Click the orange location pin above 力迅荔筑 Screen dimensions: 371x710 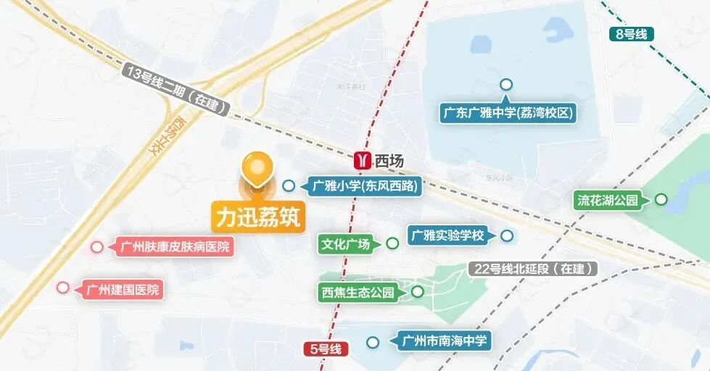pos(257,167)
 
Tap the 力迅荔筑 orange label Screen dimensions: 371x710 pos(257,216)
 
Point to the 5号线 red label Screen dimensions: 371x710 pos(326,349)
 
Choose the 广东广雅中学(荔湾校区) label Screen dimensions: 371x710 pos(508,113)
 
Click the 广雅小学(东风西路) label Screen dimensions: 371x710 pos(366,186)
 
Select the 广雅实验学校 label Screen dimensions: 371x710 pos(447,235)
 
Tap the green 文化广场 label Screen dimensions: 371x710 pos(346,244)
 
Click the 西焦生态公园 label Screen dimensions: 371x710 pos(358,293)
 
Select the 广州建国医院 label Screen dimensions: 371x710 pos(121,289)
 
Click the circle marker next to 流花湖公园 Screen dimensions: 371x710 pos(661,199)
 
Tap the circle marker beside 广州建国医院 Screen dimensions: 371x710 pos(63,288)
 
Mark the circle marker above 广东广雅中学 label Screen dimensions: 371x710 pos(506,85)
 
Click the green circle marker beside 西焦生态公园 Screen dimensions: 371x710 pos(418,291)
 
